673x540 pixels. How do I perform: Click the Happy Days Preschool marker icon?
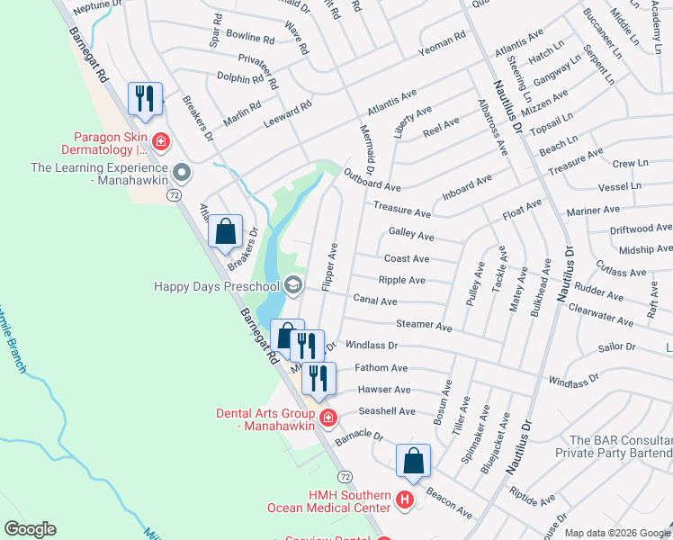292,286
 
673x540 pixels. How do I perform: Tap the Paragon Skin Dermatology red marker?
161,140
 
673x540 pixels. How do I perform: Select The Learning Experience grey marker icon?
183,171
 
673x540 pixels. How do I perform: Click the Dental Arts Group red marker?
328,418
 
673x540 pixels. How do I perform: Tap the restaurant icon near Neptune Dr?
145,98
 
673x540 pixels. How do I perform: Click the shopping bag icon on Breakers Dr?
226,231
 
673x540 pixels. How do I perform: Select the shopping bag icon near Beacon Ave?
413,461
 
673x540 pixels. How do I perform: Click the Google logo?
30,529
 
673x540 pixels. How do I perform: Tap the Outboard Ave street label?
372,180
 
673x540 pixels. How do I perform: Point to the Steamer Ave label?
424,324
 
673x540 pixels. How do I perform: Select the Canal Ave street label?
375,299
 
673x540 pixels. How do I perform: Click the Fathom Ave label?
381,367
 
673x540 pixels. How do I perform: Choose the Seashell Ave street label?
388,411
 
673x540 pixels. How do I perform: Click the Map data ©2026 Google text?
616,533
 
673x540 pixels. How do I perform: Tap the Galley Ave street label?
411,233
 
